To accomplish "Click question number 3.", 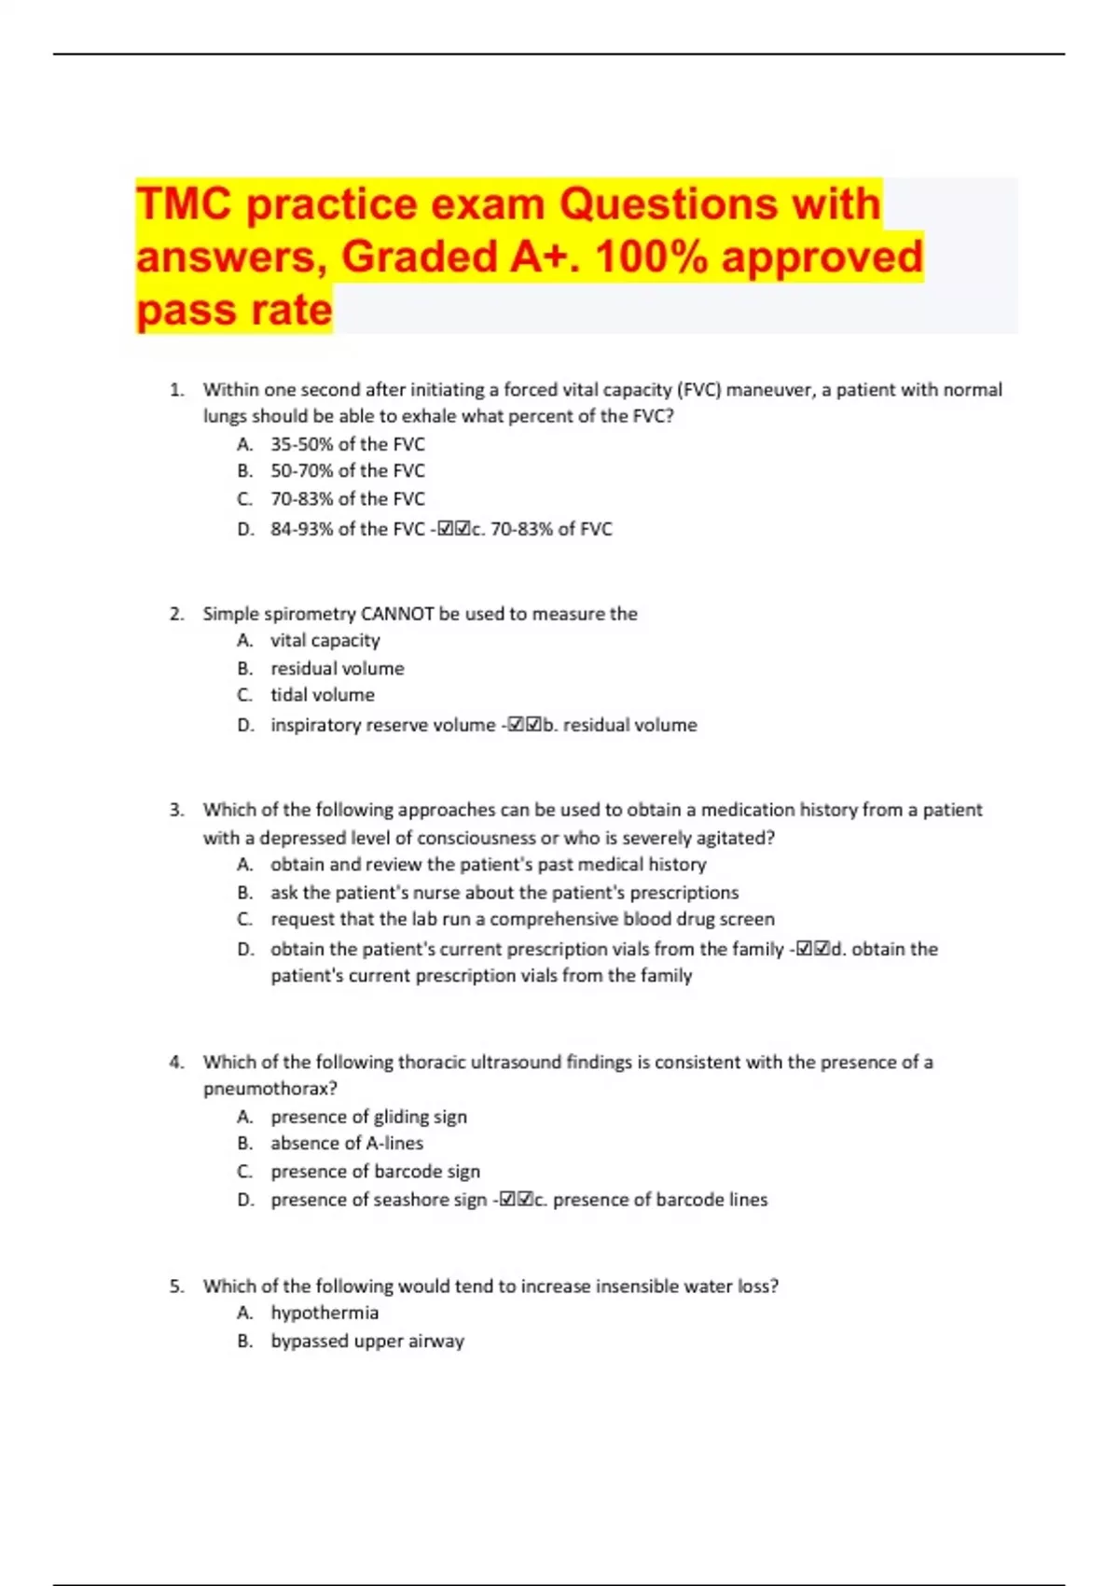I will [177, 810].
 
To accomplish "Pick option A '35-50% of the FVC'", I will [347, 444].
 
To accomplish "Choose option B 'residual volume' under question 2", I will [337, 668].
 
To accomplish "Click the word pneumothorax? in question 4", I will [270, 1089].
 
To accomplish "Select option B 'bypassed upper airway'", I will [366, 1341].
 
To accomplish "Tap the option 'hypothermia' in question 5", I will [325, 1313].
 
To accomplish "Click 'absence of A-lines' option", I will [346, 1143].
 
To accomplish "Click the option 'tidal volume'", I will [322, 695].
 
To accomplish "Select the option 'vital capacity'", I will [325, 640].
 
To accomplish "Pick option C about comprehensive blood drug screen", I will [522, 919].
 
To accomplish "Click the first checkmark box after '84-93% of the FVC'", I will [445, 529].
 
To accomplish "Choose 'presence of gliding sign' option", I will [368, 1117].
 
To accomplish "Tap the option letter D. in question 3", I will [245, 949].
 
